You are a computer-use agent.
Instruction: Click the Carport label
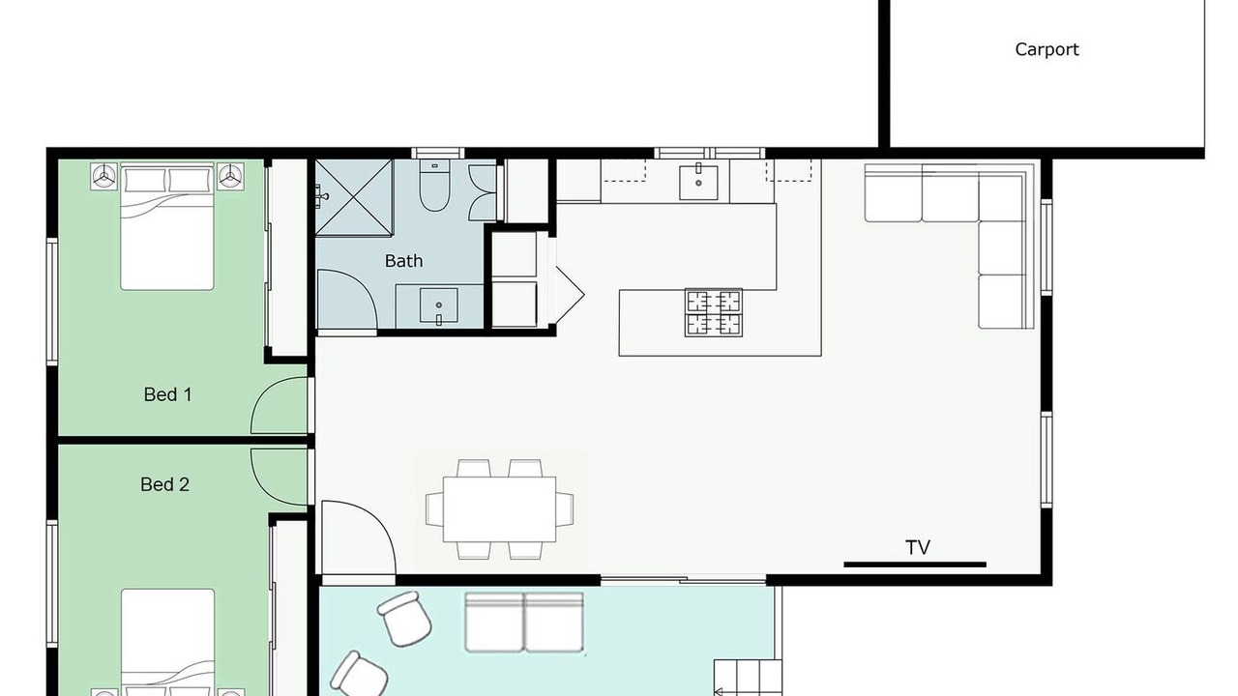[1046, 49]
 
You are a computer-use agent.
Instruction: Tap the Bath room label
[403, 261]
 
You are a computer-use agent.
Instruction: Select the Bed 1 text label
[167, 394]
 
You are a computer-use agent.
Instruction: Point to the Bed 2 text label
[164, 484]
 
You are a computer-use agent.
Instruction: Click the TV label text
[918, 547]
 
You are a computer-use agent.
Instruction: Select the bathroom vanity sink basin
[438, 305]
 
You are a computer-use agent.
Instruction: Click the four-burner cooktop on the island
[714, 312]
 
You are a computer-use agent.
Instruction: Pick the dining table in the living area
[499, 509]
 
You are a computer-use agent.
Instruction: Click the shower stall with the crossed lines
[354, 198]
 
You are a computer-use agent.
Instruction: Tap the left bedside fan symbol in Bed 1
[103, 177]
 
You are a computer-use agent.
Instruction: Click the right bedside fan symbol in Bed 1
[230, 177]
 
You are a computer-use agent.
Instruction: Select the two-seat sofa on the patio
[524, 623]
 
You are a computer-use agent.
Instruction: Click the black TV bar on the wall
[915, 565]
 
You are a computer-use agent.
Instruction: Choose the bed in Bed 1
[167, 226]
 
